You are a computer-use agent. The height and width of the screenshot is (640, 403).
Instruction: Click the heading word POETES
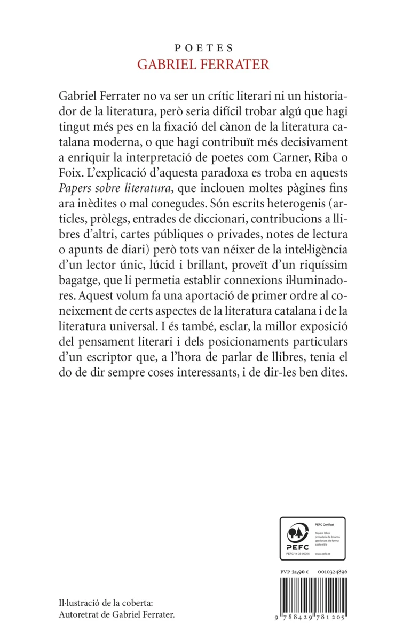[x=202, y=47]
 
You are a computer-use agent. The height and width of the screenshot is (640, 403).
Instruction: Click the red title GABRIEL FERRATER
[x=202, y=65]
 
